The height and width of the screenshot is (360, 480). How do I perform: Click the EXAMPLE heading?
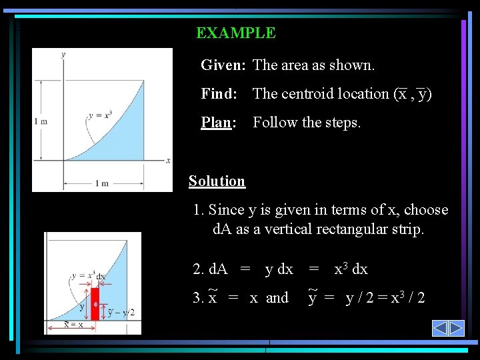[235, 33]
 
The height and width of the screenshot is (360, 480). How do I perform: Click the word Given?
[223, 65]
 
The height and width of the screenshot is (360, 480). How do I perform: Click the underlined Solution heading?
[217, 181]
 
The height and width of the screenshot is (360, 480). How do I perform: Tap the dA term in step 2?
[218, 269]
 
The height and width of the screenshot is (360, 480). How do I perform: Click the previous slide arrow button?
[440, 328]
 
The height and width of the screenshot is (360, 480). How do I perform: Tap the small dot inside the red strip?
[95, 305]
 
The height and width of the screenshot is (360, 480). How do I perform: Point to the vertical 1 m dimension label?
[41, 121]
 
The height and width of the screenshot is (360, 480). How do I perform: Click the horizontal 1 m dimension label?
[101, 183]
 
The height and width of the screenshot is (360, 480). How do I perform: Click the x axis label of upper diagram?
[168, 160]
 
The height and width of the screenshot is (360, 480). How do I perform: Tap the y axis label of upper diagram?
[63, 55]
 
